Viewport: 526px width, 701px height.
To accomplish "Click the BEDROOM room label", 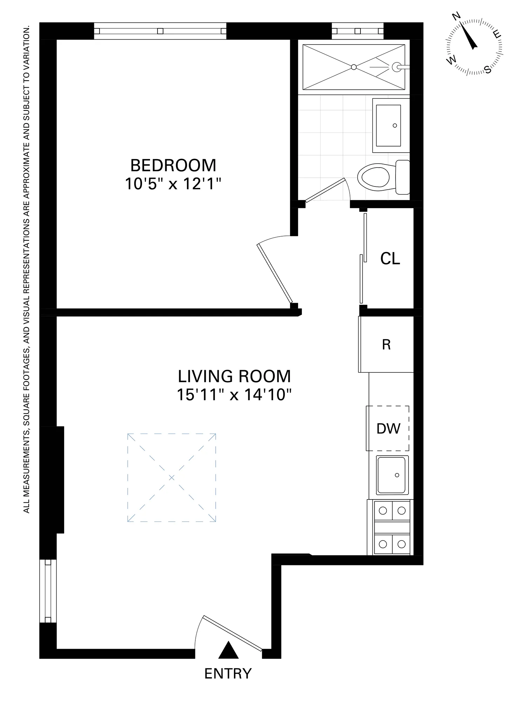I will (173, 165).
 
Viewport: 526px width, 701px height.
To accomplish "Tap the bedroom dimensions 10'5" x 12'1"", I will (173, 184).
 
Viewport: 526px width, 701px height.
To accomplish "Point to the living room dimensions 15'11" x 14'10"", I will (234, 395).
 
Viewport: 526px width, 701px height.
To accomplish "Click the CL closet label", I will (390, 259).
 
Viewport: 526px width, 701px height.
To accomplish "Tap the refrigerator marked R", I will (386, 345).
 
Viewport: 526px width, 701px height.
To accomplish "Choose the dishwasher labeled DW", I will (388, 428).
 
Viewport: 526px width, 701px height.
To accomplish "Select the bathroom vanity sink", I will (388, 125).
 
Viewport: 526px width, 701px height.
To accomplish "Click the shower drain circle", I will (354, 67).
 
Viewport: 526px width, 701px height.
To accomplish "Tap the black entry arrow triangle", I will (228, 650).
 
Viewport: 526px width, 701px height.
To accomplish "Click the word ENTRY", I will (228, 674).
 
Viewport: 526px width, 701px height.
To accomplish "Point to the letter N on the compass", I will (457, 16).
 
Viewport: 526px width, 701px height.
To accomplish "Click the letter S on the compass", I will (488, 69).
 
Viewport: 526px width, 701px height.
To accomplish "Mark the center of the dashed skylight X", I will (171, 478).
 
